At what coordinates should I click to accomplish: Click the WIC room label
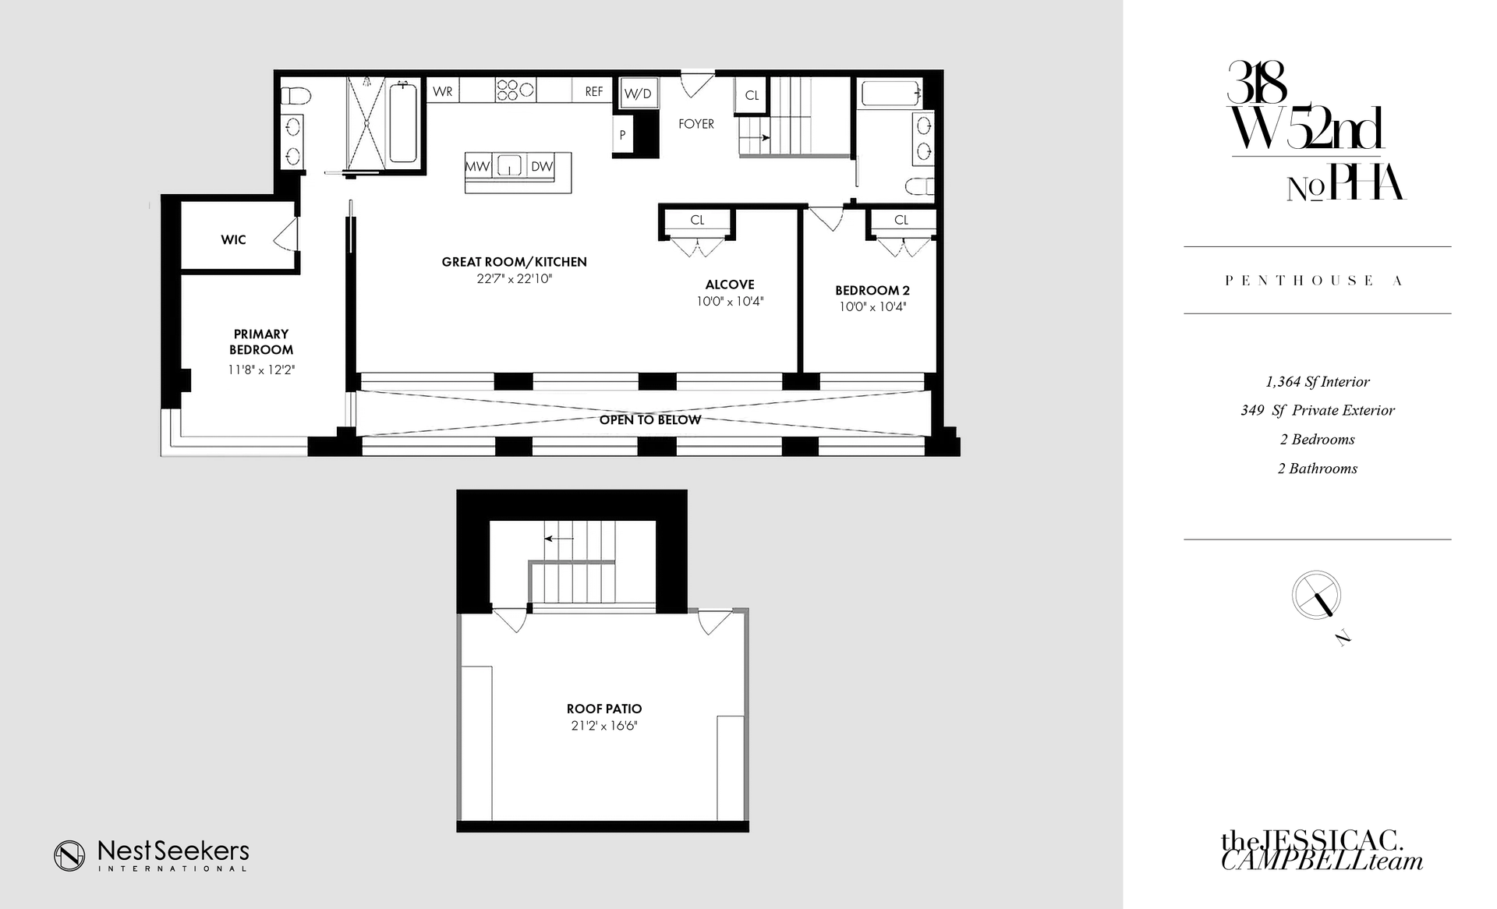[x=233, y=240]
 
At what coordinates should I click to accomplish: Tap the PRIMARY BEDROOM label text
[x=261, y=342]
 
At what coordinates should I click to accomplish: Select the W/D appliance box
[x=638, y=94]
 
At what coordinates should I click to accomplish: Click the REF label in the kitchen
[x=594, y=92]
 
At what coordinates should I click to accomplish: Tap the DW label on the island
[x=542, y=166]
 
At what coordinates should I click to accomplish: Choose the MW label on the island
[x=477, y=166]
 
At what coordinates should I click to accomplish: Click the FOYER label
[x=696, y=124]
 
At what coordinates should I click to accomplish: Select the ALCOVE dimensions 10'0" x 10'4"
[x=730, y=302]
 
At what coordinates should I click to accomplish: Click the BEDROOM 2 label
[x=872, y=290]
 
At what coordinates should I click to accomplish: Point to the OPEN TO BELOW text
[x=650, y=420]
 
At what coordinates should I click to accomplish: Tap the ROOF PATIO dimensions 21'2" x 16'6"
[x=604, y=726]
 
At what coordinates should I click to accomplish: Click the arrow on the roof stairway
[x=558, y=538]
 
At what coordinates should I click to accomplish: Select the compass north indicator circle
[x=1317, y=595]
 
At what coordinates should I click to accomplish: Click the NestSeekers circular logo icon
[x=69, y=856]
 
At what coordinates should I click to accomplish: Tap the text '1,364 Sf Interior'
[x=1318, y=382]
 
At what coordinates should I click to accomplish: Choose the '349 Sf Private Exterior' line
[x=1318, y=411]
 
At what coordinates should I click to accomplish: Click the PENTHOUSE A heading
[x=1315, y=281]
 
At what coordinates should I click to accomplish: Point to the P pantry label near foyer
[x=622, y=135]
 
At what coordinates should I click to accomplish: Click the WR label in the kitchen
[x=443, y=92]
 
